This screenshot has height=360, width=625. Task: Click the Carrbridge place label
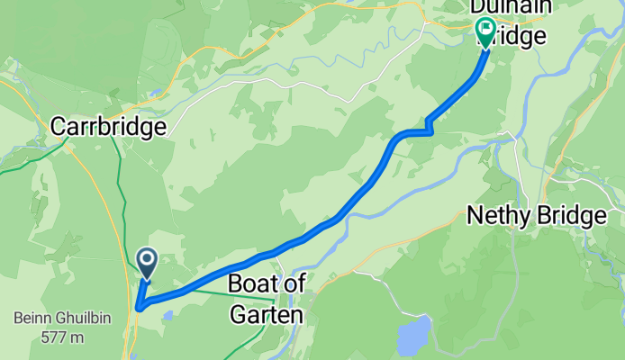109,127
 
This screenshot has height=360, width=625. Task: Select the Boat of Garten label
267,298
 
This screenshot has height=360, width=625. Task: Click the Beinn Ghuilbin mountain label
50,318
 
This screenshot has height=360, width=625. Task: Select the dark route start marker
147,262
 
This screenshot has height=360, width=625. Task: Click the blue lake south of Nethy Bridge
413,336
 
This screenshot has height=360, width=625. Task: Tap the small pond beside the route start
168,316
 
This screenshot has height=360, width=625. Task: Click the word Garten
267,314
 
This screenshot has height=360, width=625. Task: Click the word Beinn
29,318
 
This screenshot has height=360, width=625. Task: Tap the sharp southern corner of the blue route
139,308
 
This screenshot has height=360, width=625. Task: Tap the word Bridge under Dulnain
513,36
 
